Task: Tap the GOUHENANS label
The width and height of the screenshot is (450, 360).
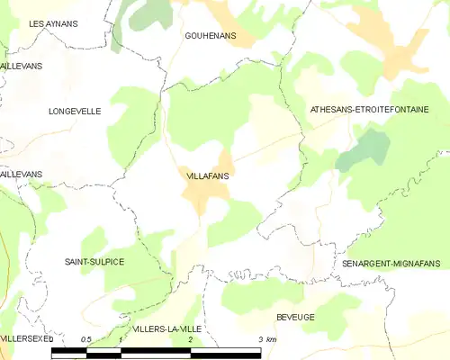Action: pos(210,35)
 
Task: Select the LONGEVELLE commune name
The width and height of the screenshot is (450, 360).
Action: pos(75,112)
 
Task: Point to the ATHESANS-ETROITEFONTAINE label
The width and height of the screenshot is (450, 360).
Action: pos(369,109)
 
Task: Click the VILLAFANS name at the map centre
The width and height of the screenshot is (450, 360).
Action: pos(208,176)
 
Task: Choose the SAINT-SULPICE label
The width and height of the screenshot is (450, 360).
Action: pos(94,261)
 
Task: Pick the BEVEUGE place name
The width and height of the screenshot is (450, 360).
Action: pos(295,319)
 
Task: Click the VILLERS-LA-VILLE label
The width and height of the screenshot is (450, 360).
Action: pos(166,329)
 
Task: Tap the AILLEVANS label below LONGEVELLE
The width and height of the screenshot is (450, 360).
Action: pos(21,174)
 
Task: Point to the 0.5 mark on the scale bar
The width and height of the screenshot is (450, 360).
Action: pos(85,339)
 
